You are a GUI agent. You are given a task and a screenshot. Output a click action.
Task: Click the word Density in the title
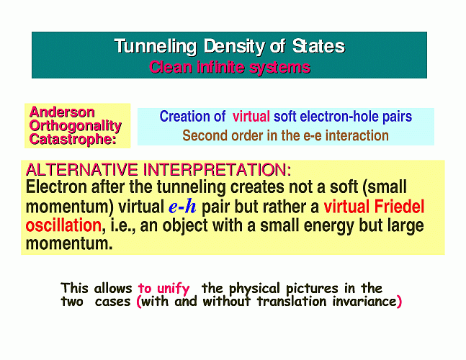pyautogui.click(x=235, y=47)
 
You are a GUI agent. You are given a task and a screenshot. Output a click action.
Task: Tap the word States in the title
pyautogui.click(x=318, y=46)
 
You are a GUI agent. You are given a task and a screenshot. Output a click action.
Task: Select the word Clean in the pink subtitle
pyautogui.click(x=171, y=67)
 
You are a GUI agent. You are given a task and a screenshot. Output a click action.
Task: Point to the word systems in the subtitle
pyautogui.click(x=280, y=68)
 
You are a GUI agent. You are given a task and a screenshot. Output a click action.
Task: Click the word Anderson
pyautogui.click(x=62, y=112)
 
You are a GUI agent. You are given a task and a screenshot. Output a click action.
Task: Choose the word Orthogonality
pyautogui.click(x=76, y=126)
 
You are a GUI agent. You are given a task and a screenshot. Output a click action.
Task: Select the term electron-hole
pyautogui.click(x=339, y=117)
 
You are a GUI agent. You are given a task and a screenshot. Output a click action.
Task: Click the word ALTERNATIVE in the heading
pyautogui.click(x=81, y=170)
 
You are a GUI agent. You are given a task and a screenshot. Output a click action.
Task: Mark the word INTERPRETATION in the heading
pyautogui.click(x=218, y=170)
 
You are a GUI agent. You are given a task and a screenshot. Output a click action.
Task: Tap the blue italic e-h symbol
pyautogui.click(x=182, y=207)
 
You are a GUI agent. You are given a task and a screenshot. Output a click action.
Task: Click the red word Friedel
pyautogui.click(x=399, y=207)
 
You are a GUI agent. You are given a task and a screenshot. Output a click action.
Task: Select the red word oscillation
pyautogui.click(x=63, y=225)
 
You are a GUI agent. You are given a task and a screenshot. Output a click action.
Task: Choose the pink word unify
pyautogui.click(x=174, y=289)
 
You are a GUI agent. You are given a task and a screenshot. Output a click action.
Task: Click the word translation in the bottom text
pyautogui.click(x=292, y=302)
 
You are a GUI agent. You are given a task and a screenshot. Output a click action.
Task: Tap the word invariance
pyautogui.click(x=364, y=302)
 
